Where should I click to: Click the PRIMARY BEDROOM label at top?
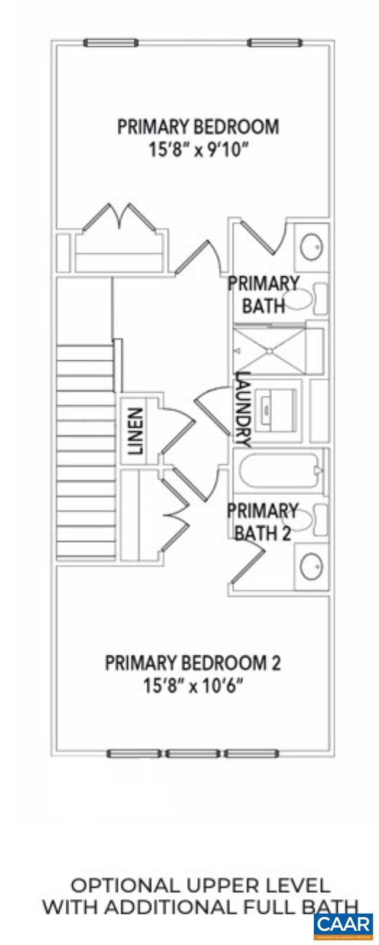click(198, 127)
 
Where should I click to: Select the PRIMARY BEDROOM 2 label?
click(193, 662)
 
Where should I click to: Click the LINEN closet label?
click(137, 431)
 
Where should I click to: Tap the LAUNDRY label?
click(243, 409)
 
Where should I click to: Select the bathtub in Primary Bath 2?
click(282, 472)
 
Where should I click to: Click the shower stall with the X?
click(269, 351)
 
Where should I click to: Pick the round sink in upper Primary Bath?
click(311, 247)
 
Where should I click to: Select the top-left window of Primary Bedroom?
click(111, 43)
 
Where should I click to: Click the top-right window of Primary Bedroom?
click(275, 43)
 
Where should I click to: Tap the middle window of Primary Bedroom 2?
click(192, 754)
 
